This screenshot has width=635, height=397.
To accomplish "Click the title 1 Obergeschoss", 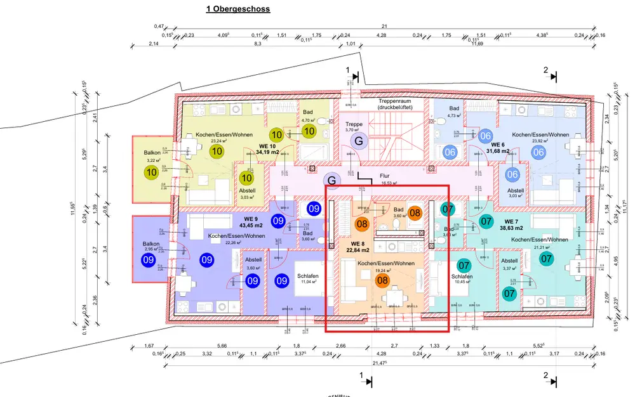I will click(238, 9).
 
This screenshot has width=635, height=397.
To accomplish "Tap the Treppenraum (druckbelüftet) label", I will click(395, 104).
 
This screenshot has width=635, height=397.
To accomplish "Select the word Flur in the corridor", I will click(384, 176).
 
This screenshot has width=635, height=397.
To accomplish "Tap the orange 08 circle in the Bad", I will click(415, 214).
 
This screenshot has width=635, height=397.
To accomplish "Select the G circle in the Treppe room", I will click(358, 141).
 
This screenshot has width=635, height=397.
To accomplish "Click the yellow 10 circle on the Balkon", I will click(151, 172).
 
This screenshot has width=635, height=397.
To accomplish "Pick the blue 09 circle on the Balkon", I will click(149, 259).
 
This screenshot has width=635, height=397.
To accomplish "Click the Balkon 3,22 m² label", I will click(152, 157).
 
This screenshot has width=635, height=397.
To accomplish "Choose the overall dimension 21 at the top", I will click(384, 26).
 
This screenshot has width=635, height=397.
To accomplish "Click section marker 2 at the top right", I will click(545, 70).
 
